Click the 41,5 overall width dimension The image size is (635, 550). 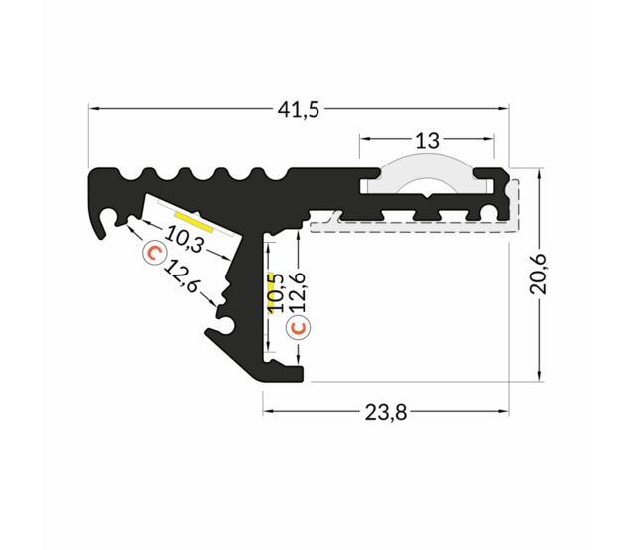click(299, 110)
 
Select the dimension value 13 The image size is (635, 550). click(427, 141)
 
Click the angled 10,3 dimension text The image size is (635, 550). click(185, 239)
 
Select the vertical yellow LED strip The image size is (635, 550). click(267, 293)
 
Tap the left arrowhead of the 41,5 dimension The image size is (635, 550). click(93, 110)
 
